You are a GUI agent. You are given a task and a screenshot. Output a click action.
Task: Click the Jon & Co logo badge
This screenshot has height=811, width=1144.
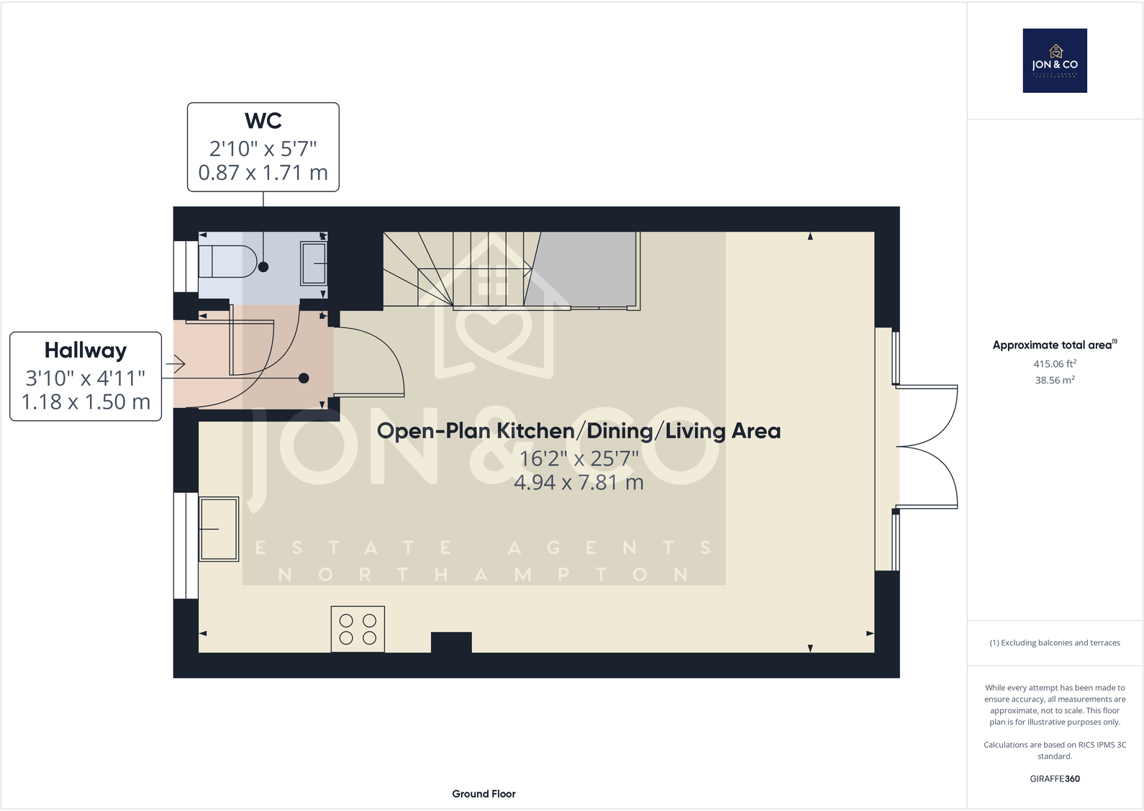coord(1055,60)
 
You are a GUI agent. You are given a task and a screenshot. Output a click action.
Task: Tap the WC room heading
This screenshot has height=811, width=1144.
coord(263,121)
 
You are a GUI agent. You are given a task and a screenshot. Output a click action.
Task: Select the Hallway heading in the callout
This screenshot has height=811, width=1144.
coord(86,350)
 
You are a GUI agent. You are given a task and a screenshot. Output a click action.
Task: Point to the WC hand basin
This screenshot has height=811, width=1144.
coord(314,263)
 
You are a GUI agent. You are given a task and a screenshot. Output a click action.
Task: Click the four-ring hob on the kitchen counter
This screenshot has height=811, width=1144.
coord(358,629)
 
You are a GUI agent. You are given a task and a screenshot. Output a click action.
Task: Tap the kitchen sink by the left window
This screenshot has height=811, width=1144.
coord(219,529)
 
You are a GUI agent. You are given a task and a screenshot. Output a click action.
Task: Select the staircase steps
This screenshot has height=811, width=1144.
coord(460,270)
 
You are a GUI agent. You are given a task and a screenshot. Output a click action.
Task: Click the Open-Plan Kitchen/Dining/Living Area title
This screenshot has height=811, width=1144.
coord(578,431)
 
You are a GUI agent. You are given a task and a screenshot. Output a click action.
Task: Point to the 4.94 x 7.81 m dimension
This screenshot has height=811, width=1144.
coord(578,482)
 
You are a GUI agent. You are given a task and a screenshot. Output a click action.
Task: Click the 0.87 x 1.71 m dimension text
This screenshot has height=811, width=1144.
coord(263,173)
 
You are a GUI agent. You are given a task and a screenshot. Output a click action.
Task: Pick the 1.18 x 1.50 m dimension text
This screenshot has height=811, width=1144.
coord(86,402)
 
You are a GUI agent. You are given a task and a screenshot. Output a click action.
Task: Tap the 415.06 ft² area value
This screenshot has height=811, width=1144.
coord(1055,364)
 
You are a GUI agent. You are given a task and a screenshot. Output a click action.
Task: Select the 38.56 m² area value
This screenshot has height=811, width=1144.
coord(1055,380)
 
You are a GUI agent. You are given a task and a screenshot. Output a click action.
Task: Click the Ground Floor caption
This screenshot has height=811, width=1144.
coord(484,794)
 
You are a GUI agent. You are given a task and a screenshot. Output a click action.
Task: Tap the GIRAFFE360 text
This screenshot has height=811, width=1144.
coord(1055,779)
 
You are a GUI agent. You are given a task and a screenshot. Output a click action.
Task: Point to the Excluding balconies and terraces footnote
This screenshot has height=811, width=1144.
coord(1055,643)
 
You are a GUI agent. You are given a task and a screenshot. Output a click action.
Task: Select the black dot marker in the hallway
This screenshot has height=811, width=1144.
coord(304,379)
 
